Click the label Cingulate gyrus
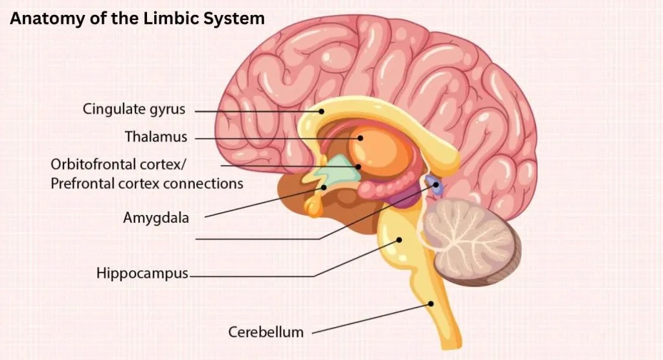click(x=134, y=109)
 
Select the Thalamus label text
click(x=156, y=137)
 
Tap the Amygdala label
click(x=156, y=218)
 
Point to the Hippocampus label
click(x=142, y=273)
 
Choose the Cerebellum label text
click(x=266, y=332)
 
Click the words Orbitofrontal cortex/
click(x=118, y=164)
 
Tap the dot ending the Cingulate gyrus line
click(x=321, y=111)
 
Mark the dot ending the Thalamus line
click(x=360, y=138)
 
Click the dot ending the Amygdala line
click(x=324, y=187)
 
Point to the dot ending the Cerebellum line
click(x=431, y=303)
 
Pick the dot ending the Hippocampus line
click(x=399, y=240)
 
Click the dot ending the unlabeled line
click(x=436, y=185)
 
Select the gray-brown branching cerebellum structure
click(x=471, y=240)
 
